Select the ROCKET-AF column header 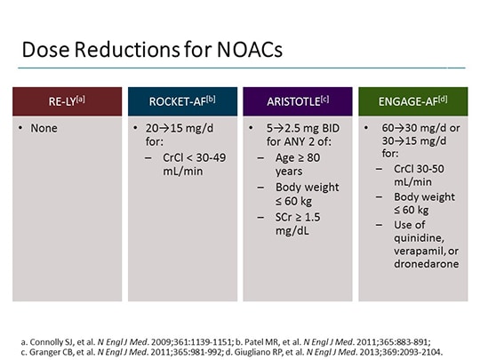181,100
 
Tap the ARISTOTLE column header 294,100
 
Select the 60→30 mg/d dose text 406,129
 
